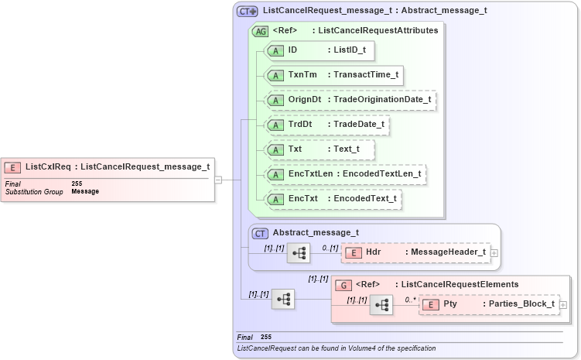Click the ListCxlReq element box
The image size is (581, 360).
(108, 166)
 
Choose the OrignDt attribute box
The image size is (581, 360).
(350, 100)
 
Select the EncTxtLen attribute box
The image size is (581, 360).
(346, 174)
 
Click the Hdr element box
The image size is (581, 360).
(415, 252)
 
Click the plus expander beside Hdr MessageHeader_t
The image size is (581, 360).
(494, 252)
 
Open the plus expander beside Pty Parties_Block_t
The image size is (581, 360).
(562, 304)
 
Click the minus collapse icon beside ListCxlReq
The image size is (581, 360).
(219, 180)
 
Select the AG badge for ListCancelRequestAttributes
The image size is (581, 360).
(261, 31)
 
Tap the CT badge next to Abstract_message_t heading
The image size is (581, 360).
(261, 232)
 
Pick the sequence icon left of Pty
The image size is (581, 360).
(381, 305)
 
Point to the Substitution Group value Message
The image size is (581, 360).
(85, 191)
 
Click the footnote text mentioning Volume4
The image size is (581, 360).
(337, 348)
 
